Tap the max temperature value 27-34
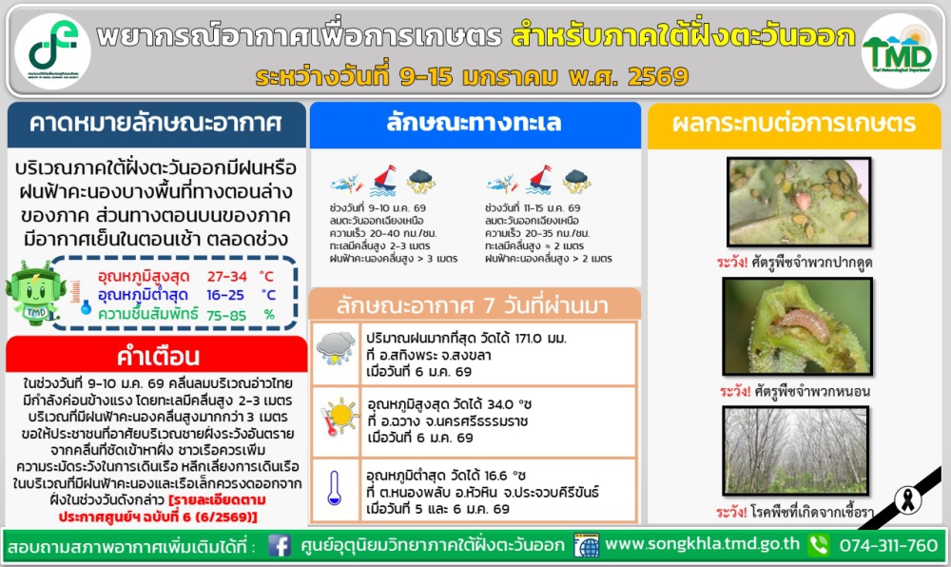click(232, 276)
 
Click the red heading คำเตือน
click(158, 357)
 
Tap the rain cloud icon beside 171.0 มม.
click(336, 348)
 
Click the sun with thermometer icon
click(337, 418)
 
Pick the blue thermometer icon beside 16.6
click(334, 487)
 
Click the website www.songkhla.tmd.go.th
click(702, 545)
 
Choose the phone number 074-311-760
click(888, 546)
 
